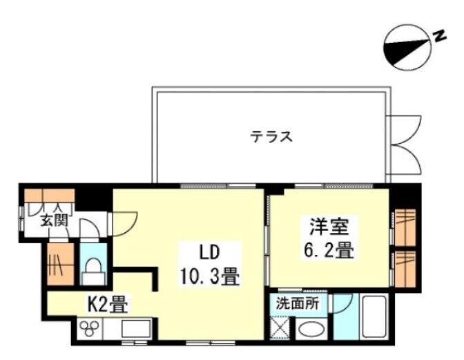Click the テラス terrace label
tap(271, 137)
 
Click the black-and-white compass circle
tap(407, 48)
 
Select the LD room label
tap(210, 253)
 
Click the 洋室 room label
tap(329, 227)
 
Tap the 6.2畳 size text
tap(329, 250)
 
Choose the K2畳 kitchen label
tap(108, 304)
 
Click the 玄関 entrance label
tap(55, 220)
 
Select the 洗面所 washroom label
tap(298, 303)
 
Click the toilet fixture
tap(93, 271)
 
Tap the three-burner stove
tap(89, 328)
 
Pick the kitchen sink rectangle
tap(136, 328)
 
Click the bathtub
tap(374, 316)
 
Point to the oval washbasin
tap(311, 329)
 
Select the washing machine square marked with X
tap(280, 328)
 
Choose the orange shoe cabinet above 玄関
tap(49, 196)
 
